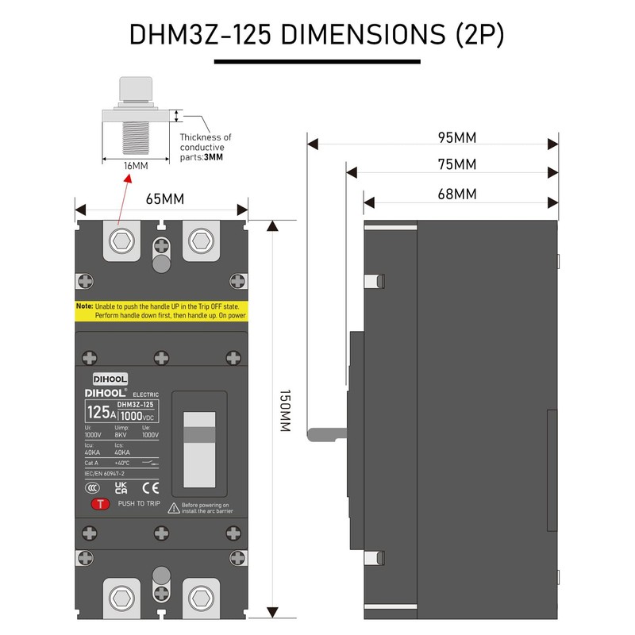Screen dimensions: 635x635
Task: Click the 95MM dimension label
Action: (457, 137)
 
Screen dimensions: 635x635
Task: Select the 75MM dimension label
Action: (457, 165)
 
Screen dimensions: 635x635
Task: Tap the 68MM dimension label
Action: (457, 194)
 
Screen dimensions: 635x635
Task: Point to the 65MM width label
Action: (162, 198)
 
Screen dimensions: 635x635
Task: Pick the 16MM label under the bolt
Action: (135, 166)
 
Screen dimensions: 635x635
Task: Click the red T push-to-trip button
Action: (100, 503)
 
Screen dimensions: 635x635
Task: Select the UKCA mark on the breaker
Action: (121, 487)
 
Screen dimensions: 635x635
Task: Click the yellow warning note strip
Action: (162, 310)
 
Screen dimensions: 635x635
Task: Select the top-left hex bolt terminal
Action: (122, 240)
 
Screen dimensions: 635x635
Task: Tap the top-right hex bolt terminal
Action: (202, 240)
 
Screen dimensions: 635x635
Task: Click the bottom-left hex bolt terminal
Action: (122, 597)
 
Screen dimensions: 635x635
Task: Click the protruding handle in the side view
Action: (326, 434)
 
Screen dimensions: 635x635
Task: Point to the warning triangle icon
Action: (172, 506)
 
